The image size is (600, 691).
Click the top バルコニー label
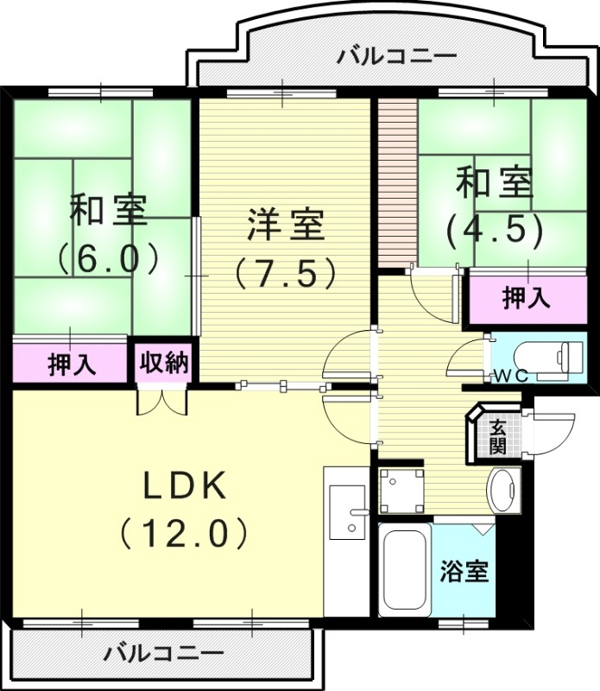coord(396,58)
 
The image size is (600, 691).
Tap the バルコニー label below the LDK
coord(164,652)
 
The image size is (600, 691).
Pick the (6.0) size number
coord(107,257)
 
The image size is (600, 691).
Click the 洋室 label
coord(285,225)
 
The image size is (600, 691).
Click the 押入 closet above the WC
coord(526,299)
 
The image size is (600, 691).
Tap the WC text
coord(511,375)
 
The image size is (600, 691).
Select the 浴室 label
coord(465,573)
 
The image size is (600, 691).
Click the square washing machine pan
coord(401,490)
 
